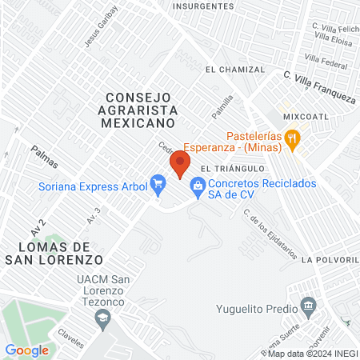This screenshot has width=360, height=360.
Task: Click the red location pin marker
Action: click(179, 166)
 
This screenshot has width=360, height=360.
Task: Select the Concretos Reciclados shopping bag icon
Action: click(196, 186)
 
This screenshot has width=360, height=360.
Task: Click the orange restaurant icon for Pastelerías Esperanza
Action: click(294, 137)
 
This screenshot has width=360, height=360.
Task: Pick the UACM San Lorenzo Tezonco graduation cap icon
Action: click(102, 318)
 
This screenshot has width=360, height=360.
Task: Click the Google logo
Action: click(26, 350)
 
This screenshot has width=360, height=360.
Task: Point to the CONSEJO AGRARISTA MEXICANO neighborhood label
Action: click(138, 110)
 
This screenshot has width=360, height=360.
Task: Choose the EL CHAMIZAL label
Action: click(234, 70)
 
